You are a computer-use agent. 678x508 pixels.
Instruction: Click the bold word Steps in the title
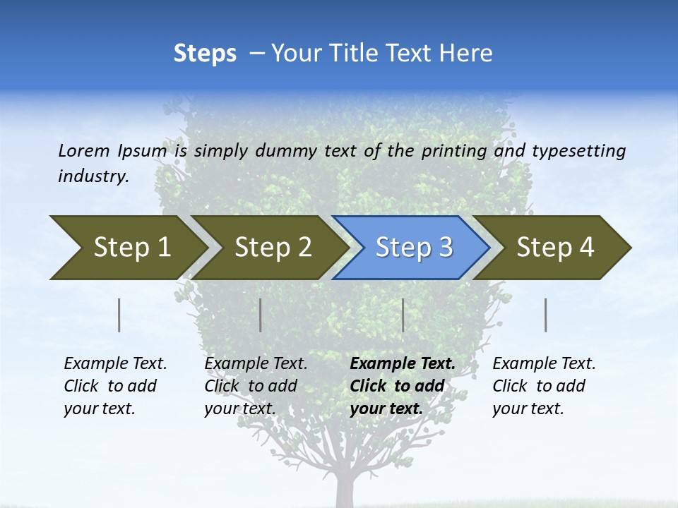point(205,54)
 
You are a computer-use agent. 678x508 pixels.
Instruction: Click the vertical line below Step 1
point(119,315)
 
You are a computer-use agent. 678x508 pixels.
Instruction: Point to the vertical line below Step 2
point(261,315)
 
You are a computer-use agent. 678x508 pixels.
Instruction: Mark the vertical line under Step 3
point(403,315)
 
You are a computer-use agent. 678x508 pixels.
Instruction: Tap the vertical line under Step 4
point(546,315)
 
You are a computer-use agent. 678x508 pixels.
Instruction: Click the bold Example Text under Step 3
point(403,364)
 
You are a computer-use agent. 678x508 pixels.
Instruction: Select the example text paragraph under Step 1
point(114,386)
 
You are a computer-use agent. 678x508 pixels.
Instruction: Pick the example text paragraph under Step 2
point(255,386)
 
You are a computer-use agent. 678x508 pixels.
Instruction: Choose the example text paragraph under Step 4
point(543,386)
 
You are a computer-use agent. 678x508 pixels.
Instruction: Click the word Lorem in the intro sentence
point(85,151)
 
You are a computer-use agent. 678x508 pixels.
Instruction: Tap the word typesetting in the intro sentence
point(578,151)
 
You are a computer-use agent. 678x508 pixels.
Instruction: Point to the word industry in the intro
point(92,176)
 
